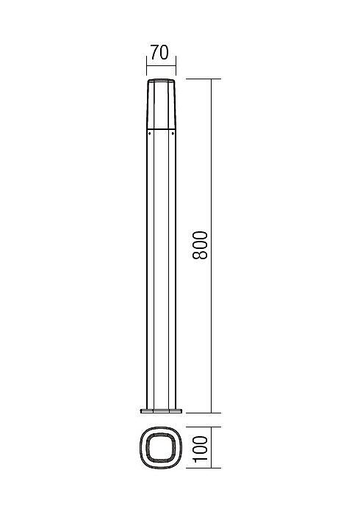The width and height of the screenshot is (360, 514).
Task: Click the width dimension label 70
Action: pos(159,53)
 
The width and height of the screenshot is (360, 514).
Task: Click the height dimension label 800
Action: pos(200,245)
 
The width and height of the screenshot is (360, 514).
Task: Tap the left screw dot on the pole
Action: pos(149,134)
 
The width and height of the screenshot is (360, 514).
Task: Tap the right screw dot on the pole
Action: pos(173,134)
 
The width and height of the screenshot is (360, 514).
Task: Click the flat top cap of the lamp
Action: pos(161,80)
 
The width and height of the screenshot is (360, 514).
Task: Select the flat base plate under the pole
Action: pos(161,410)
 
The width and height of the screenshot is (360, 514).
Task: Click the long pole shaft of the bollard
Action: pos(161,269)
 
